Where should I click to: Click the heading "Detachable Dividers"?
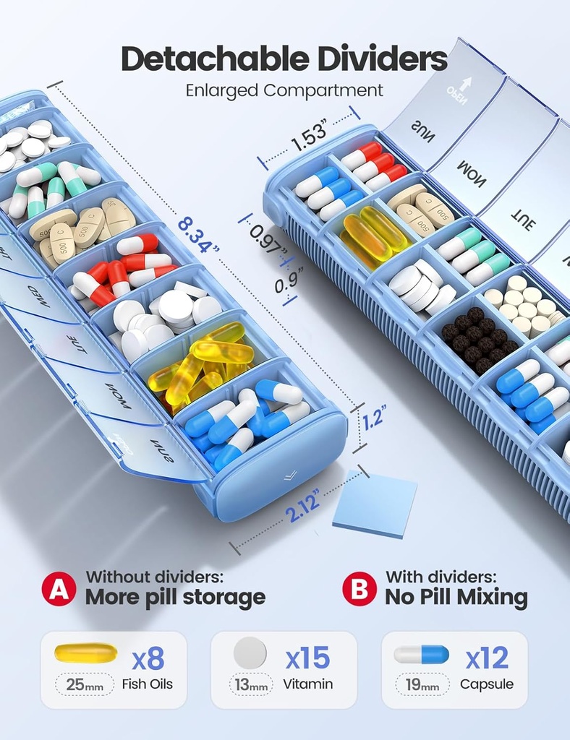284,59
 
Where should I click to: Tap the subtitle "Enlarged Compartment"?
284,90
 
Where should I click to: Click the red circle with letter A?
59,588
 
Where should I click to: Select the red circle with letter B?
359,588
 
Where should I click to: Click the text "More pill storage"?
175,598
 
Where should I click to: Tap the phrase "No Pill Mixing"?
456,598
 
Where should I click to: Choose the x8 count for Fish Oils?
148,658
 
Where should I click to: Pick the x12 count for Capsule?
487,658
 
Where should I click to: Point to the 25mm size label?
85,684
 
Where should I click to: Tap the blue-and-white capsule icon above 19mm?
421,655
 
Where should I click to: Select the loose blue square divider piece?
375,503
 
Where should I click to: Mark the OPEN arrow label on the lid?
457,92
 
